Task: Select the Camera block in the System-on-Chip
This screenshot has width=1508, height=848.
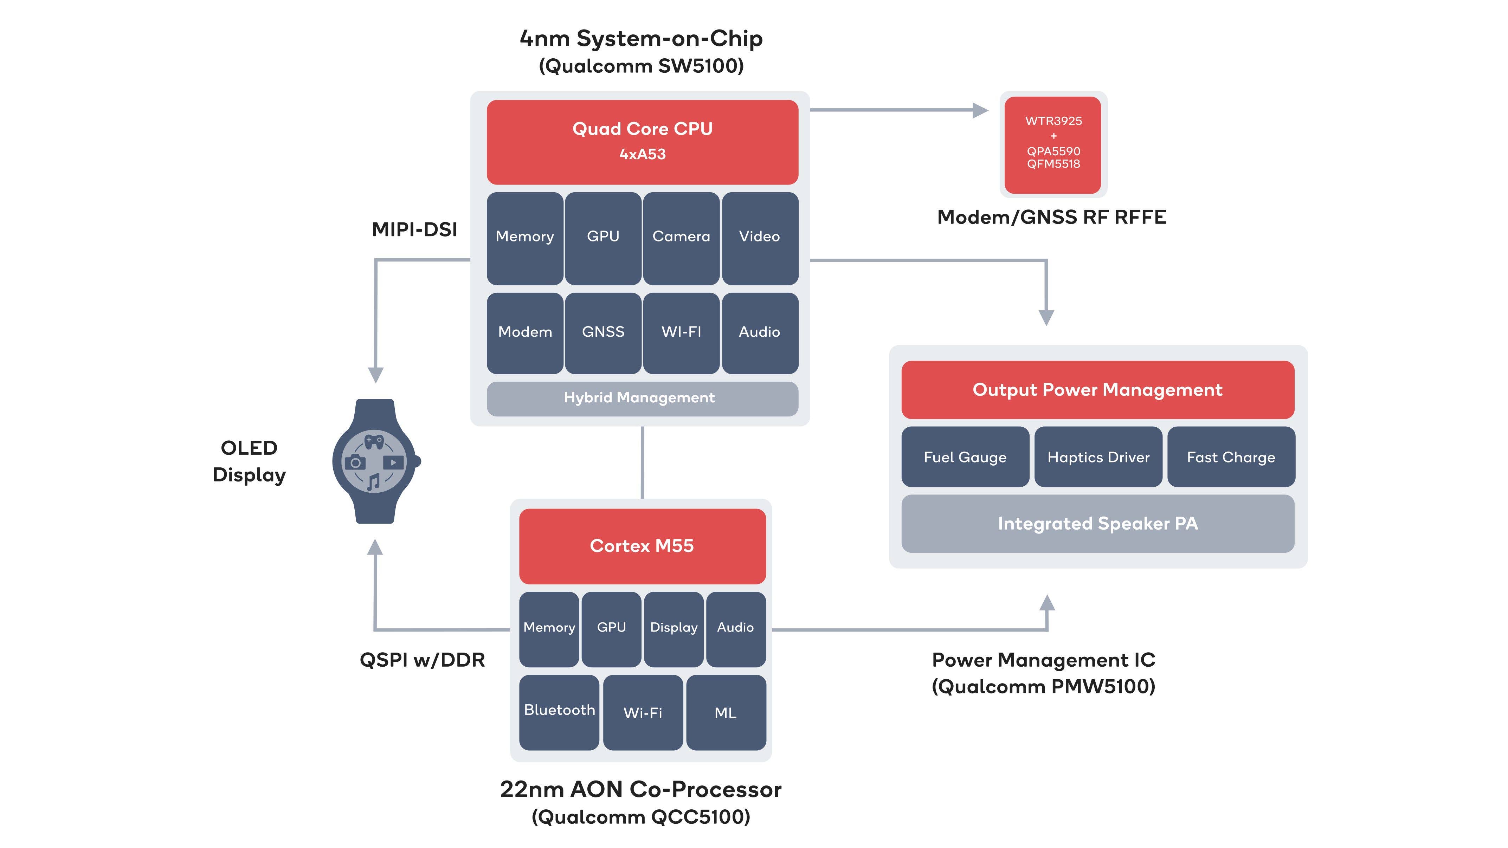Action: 681,238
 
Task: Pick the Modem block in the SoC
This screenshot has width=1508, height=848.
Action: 524,332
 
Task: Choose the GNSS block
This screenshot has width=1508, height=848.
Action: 603,332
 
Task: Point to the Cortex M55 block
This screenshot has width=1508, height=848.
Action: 642,546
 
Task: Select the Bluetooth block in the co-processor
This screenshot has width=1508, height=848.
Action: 559,712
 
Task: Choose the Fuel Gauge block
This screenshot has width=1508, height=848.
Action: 965,457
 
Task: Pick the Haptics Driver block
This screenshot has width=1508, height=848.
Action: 1098,457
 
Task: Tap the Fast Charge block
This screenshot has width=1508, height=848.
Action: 1231,457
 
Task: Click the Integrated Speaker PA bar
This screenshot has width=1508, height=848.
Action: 1098,523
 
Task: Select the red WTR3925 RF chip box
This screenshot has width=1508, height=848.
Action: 1053,144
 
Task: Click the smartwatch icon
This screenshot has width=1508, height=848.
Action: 375,461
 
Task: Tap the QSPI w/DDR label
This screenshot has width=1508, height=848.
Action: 422,660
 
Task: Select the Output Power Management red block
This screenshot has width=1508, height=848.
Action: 1098,390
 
